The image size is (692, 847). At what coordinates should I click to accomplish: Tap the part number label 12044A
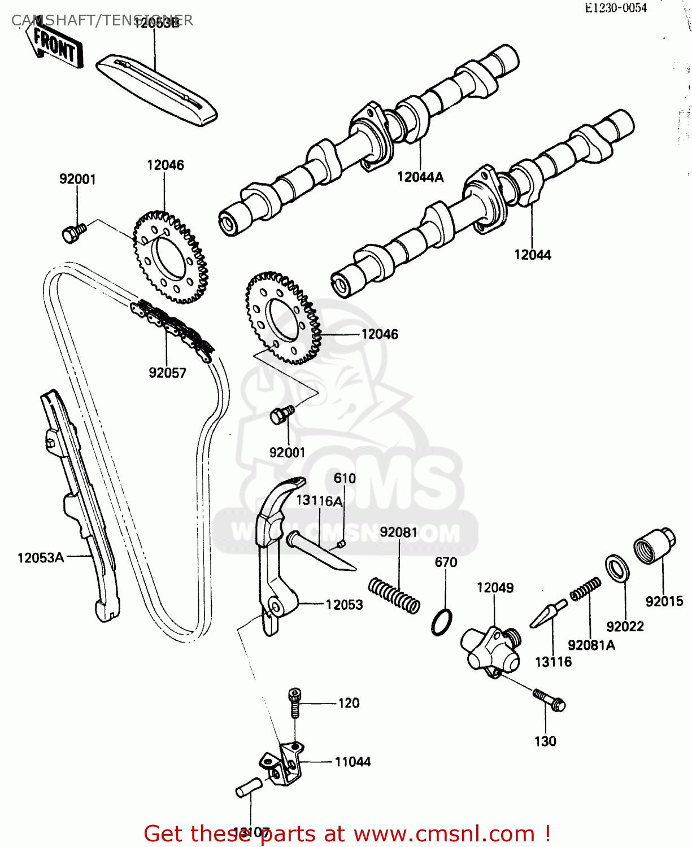[x=420, y=177]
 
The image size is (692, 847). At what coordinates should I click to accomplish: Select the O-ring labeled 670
[x=442, y=622]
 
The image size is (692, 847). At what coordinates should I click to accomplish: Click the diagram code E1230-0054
[x=615, y=8]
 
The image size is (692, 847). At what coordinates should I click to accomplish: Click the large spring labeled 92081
[x=394, y=595]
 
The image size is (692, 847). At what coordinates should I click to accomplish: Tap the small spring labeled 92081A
[x=585, y=588]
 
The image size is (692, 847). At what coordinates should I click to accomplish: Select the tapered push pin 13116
[x=548, y=614]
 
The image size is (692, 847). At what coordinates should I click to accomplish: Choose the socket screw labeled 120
[x=294, y=702]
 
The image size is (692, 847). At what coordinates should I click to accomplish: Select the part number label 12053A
[x=41, y=558]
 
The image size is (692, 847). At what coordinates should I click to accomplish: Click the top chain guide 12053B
[x=156, y=90]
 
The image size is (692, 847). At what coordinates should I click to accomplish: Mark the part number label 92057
[x=167, y=373]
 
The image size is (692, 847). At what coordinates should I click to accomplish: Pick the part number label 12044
[x=532, y=255]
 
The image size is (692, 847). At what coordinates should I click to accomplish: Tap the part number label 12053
[x=344, y=605]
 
